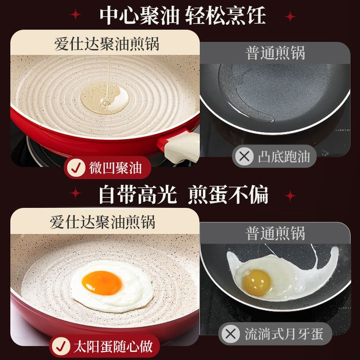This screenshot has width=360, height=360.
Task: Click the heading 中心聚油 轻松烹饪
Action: pos(183,15)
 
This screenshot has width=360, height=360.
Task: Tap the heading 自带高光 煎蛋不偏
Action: pos(183,195)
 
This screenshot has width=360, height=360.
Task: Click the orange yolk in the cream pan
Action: pos(102,283)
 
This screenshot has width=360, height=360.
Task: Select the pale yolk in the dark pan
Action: pos(257,282)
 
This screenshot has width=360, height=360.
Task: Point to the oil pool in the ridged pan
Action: pos(104,98)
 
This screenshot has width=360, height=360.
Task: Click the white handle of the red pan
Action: pos(182,147)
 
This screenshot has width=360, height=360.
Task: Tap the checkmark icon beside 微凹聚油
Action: pos(76,168)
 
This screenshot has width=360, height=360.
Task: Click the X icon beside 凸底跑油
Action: pos(244,156)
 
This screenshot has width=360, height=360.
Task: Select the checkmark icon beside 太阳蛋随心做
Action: pos(61,346)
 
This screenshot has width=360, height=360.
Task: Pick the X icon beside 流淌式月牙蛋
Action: pos(231,334)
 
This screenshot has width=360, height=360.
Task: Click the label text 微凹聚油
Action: pos(116,168)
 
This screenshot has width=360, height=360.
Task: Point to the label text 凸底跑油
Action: pos(284,157)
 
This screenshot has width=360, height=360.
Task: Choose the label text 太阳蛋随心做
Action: pos(113,346)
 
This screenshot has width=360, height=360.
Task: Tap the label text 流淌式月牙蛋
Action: pos(284,334)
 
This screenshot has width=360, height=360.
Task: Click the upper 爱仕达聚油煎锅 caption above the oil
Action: pos(107,44)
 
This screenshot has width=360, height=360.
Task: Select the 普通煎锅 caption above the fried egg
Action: pos(275,233)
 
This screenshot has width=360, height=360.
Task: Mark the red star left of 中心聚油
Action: pos(75,15)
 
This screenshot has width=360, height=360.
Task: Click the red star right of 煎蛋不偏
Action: pos(290,196)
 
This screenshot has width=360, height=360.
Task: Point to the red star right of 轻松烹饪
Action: pos(290,17)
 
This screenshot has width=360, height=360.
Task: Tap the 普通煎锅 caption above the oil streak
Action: pos(275,53)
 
